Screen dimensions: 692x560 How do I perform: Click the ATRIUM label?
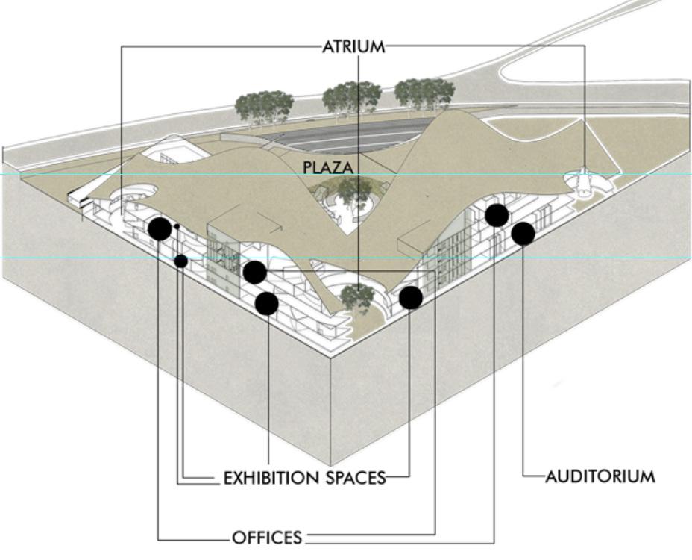(353, 46)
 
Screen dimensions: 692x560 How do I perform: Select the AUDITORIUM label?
(600, 476)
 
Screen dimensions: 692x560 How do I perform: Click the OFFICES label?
(266, 537)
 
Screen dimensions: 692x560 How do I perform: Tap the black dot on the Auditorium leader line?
(523, 233)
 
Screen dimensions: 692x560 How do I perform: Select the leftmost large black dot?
(160, 228)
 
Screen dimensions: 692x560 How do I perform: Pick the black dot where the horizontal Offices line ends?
(255, 272)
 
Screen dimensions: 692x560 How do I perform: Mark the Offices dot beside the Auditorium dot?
(497, 215)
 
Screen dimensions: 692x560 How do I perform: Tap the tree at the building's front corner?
(357, 297)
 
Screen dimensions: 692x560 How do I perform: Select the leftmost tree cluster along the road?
(263, 108)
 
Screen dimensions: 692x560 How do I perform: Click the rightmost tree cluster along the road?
(424, 94)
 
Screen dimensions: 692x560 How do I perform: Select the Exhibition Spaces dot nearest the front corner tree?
(410, 297)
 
